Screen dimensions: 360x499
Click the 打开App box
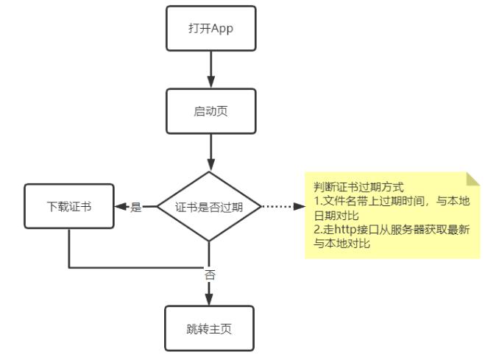pyautogui.click(x=210, y=29)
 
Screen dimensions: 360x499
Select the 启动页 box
pyautogui.click(x=210, y=112)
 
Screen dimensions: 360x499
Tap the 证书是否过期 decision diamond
pyautogui.click(x=210, y=207)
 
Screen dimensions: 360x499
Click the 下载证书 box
pyautogui.click(x=69, y=207)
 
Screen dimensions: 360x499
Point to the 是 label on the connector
pyautogui.click(x=136, y=208)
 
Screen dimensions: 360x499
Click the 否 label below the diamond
pyautogui.click(x=210, y=275)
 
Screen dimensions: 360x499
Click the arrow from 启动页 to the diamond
pyautogui.click(x=210, y=153)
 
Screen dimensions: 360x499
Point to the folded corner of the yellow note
pyautogui.click(x=473, y=179)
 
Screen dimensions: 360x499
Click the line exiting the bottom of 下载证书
pyautogui.click(x=69, y=247)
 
